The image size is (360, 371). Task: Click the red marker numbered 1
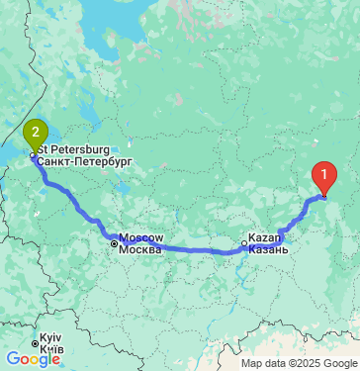(323, 176)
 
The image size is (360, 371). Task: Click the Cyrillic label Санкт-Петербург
(89, 159)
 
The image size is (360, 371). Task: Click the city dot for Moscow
(114, 242)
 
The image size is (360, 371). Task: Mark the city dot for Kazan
(245, 242)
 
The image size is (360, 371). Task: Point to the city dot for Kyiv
(35, 345)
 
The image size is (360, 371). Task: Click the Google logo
(33, 359)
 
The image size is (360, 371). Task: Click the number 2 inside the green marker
(36, 130)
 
